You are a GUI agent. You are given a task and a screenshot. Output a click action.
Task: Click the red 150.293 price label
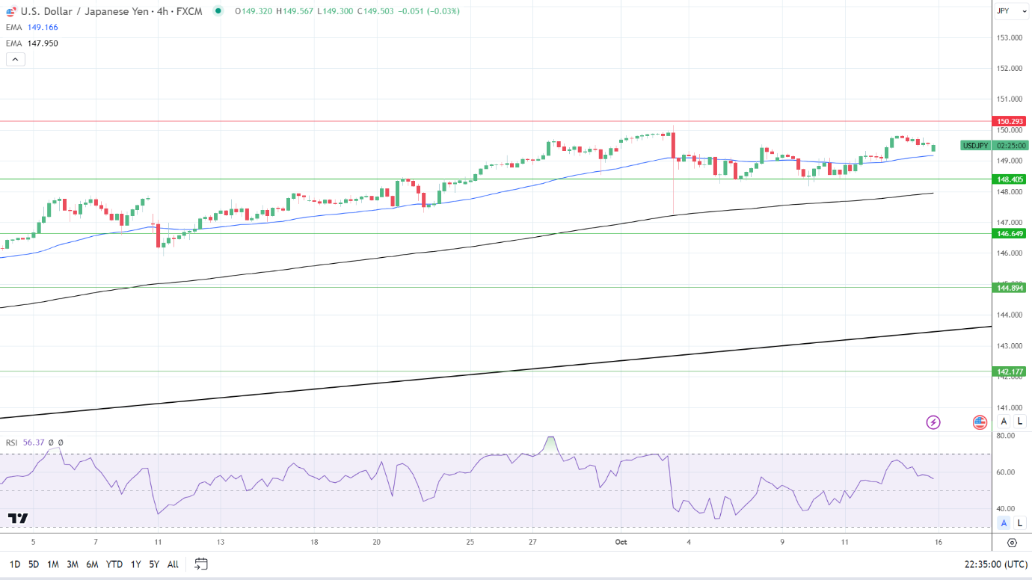tap(1008, 121)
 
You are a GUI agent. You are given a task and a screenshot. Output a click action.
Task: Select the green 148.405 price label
tap(1008, 179)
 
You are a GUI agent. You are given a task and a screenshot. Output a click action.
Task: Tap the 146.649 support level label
tap(1008, 234)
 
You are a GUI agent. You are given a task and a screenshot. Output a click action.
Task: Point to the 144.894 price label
tap(1008, 288)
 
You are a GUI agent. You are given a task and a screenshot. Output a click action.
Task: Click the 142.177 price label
tap(1008, 371)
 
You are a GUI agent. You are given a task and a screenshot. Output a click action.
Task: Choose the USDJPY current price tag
tap(975, 146)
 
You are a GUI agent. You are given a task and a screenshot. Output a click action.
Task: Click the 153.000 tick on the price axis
tap(1010, 37)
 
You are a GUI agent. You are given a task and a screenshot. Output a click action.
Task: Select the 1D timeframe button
tap(14, 564)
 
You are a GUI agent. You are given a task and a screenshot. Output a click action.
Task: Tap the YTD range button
tap(114, 564)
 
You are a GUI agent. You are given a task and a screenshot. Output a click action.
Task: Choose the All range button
tap(173, 564)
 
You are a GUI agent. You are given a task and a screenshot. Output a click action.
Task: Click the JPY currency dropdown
tap(1004, 10)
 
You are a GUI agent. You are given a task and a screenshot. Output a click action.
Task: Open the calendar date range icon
tap(200, 564)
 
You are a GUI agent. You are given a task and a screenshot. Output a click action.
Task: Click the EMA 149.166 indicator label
tap(32, 27)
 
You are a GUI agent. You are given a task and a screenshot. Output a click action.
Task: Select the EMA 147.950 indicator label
tap(32, 43)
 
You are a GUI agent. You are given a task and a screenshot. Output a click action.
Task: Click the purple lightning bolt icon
tap(933, 422)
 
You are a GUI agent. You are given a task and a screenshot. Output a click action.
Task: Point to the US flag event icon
tap(980, 422)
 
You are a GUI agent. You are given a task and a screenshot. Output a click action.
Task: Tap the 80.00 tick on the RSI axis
tap(1006, 436)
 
